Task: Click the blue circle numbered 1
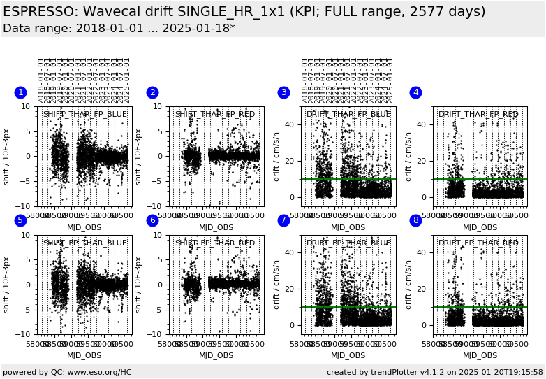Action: [20, 92]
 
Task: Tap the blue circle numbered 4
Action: [415, 92]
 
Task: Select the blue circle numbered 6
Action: [152, 220]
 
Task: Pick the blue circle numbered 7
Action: [283, 220]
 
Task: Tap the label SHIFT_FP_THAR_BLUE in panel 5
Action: [85, 243]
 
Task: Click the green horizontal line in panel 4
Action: [480, 179]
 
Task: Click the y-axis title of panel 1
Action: [6, 156]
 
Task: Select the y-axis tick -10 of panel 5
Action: [23, 334]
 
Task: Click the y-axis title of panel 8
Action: [408, 285]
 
